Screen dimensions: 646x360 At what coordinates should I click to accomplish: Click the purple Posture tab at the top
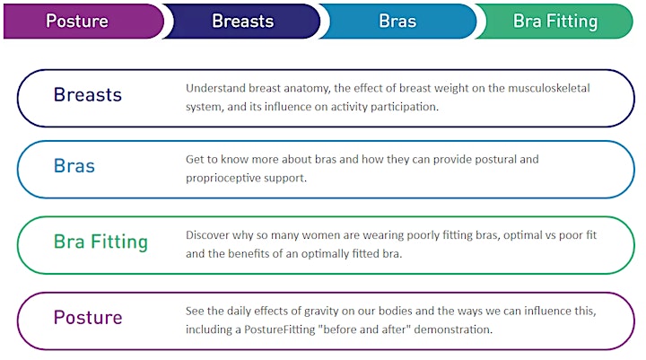click(x=83, y=21)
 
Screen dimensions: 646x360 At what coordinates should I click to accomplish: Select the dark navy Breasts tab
click(x=242, y=21)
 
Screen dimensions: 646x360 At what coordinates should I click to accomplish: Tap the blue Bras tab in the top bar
click(x=397, y=21)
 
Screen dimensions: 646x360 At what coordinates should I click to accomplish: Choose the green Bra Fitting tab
click(x=554, y=21)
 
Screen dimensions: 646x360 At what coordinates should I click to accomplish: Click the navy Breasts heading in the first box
click(x=88, y=95)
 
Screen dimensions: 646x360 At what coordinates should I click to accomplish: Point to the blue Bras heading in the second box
click(x=74, y=166)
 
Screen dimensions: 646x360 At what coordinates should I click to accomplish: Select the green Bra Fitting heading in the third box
click(x=100, y=241)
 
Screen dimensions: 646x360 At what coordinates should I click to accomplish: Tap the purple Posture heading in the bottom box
click(x=88, y=318)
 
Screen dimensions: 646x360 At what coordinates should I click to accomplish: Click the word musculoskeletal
click(x=549, y=88)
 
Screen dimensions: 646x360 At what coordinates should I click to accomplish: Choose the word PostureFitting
click(x=279, y=329)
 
